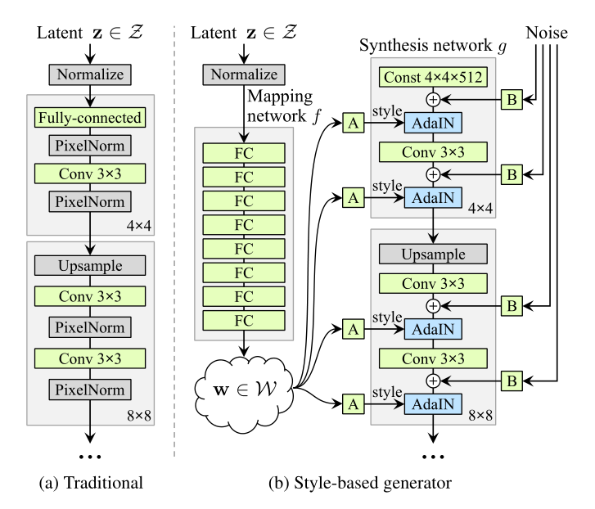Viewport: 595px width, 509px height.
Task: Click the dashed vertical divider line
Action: [x=174, y=245]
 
